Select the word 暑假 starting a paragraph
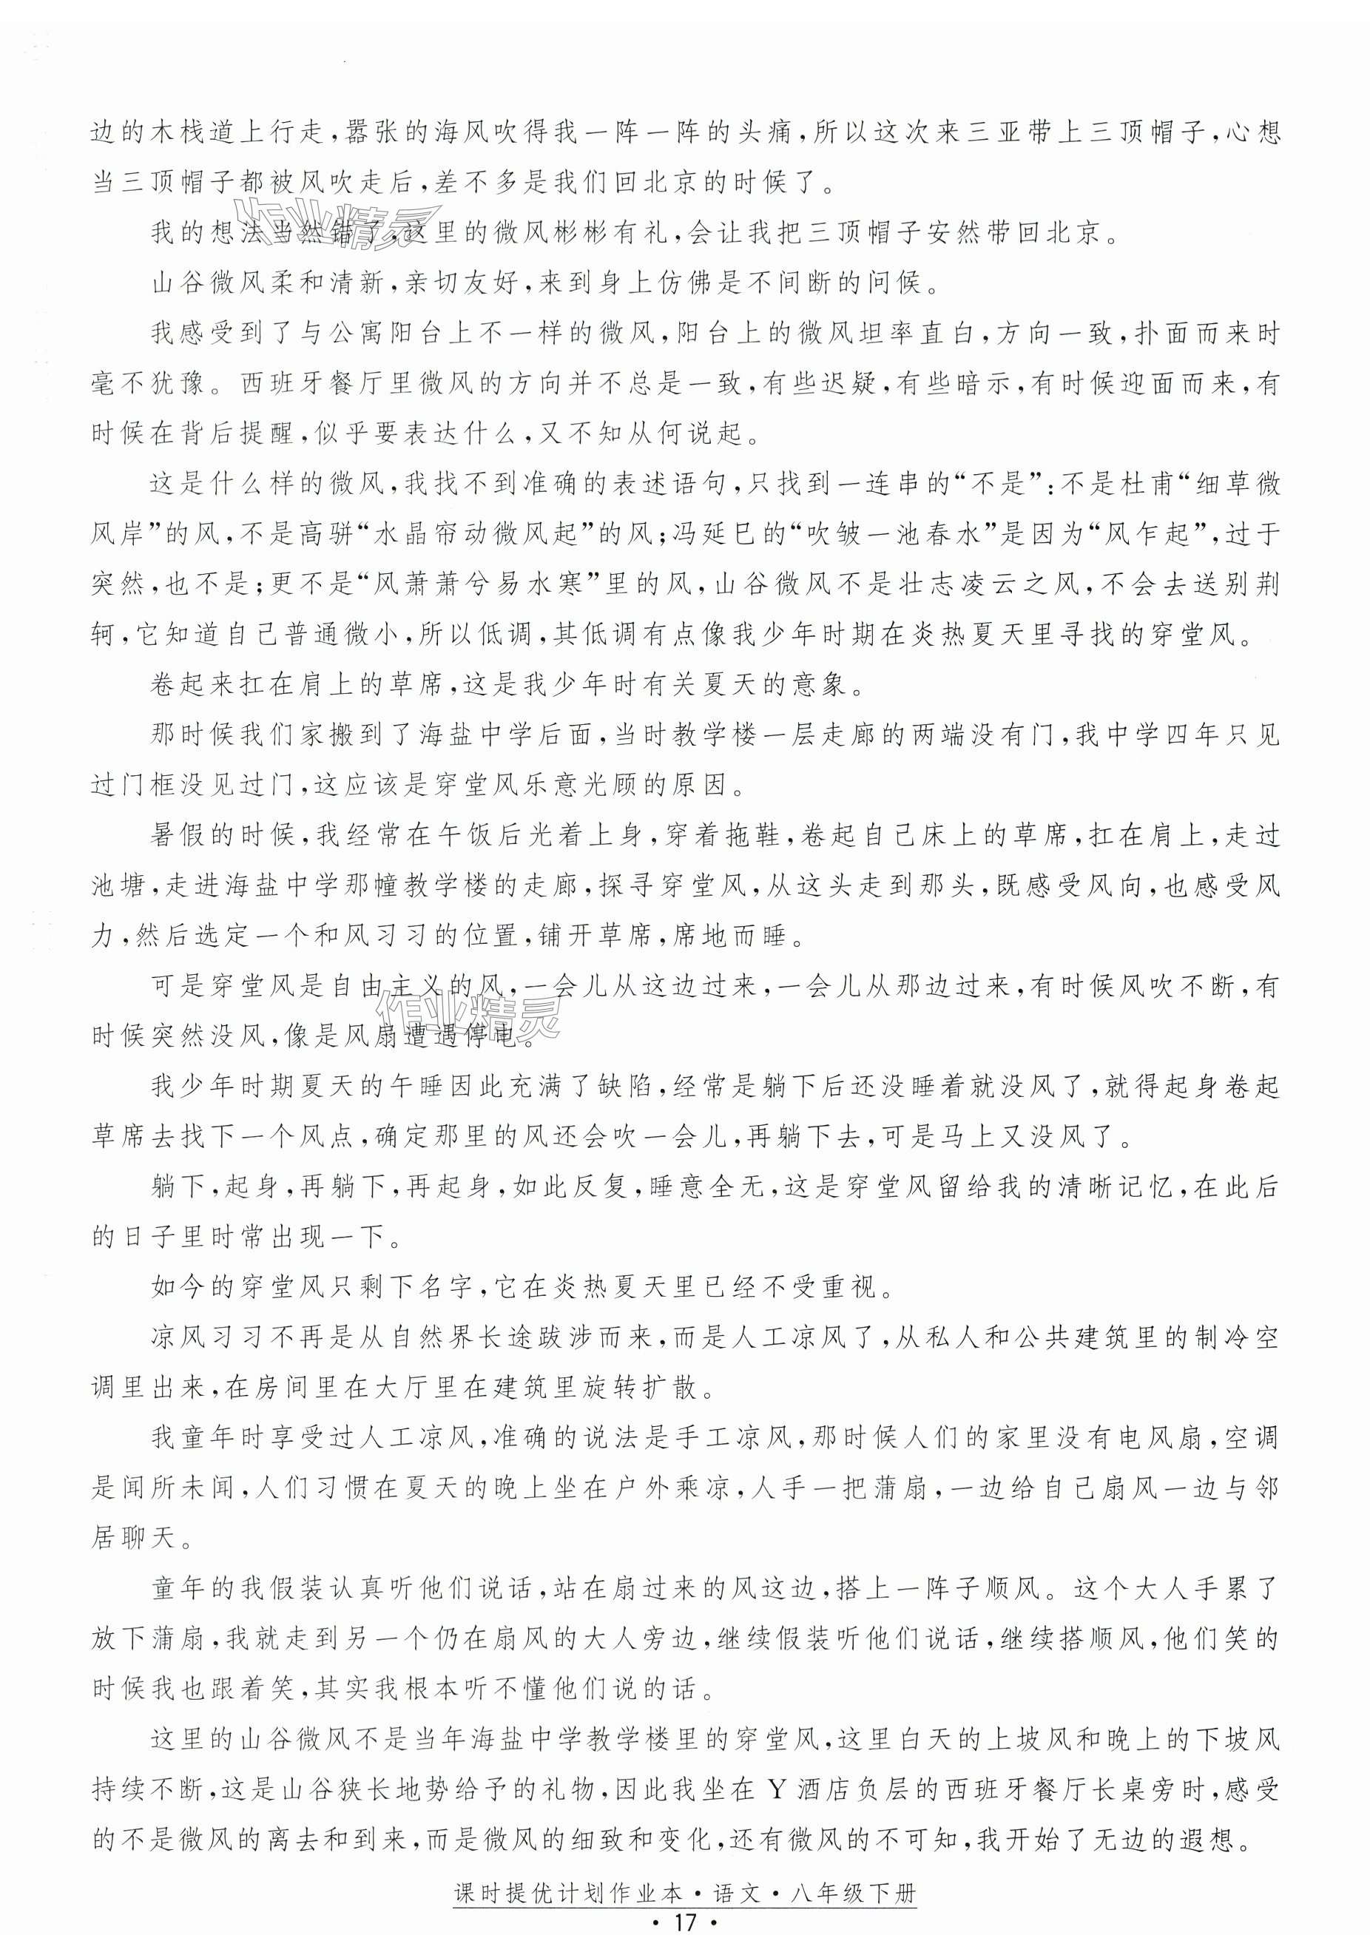point(179,835)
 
